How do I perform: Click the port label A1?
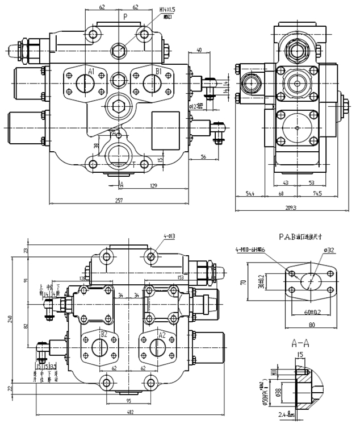point(90,71)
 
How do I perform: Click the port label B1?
point(159,71)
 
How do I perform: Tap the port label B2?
point(104,334)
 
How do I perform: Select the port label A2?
point(161,335)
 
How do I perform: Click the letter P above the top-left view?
point(125,17)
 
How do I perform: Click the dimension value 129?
point(153,186)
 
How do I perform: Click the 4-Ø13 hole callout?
point(169,235)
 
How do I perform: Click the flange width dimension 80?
point(311,326)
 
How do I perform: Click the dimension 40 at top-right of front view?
point(199,50)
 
